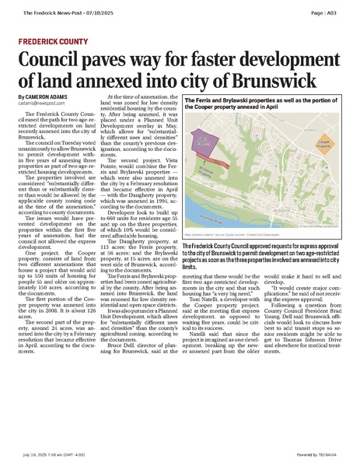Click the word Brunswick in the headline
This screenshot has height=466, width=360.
pyautogui.click(x=296, y=82)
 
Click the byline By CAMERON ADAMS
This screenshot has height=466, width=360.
pyautogui.click(x=45, y=96)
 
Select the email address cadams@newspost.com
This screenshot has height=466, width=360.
pyautogui.click(x=44, y=102)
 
